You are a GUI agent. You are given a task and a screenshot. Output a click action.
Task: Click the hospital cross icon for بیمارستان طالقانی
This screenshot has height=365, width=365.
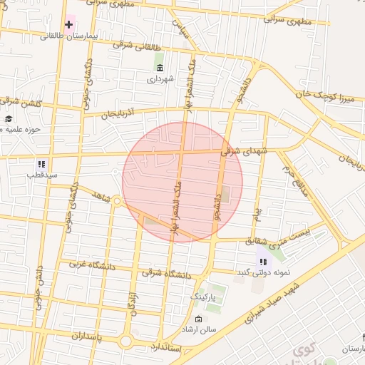68,25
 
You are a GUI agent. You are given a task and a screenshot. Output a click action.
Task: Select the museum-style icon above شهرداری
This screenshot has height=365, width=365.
158,68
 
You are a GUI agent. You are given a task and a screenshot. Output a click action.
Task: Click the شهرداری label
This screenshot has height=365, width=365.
160,80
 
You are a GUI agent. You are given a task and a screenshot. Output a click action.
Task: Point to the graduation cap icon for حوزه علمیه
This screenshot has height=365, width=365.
8,119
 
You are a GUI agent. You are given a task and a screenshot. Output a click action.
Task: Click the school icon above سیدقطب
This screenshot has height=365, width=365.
41,163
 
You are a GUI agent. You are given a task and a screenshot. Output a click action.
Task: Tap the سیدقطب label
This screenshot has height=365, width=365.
41,174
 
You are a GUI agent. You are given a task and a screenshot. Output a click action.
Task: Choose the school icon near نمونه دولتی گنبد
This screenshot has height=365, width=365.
262,262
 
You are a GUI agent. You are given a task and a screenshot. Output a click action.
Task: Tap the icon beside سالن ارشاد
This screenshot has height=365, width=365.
198,319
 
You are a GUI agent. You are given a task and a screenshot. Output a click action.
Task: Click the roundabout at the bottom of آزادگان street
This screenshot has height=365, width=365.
126,341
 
